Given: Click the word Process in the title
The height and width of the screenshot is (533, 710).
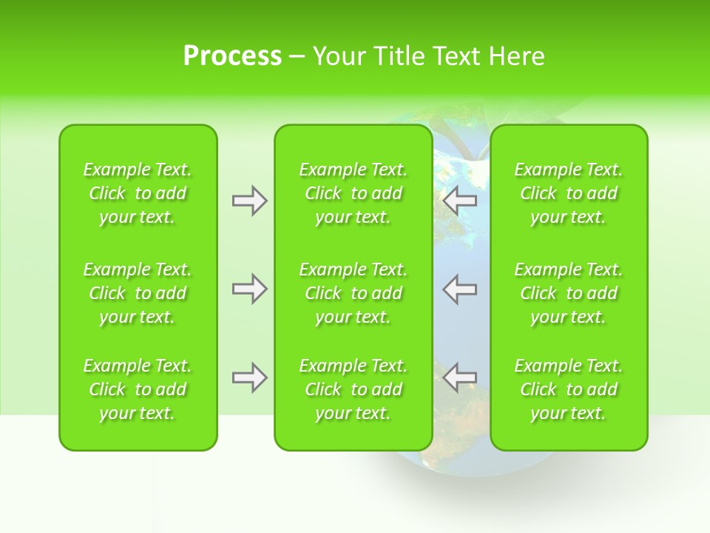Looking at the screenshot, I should [232, 56].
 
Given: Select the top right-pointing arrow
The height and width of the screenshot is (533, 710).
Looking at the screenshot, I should [249, 201].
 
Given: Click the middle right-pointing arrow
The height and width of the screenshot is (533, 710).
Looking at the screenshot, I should [249, 289].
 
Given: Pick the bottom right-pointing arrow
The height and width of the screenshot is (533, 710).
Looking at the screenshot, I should [249, 378].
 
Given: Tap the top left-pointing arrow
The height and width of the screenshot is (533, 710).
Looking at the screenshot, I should [459, 201].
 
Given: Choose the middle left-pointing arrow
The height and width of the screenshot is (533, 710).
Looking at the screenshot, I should [459, 289].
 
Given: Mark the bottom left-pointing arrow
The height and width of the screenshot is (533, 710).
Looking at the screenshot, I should [459, 378].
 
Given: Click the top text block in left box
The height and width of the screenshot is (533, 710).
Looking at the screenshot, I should [138, 193].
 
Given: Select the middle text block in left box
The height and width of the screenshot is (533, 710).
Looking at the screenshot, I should [138, 293].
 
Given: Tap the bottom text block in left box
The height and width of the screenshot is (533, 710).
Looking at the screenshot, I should [138, 389].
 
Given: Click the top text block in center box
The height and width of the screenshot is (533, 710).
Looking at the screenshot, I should [353, 193].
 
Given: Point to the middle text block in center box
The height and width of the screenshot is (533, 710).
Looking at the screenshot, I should [353, 293].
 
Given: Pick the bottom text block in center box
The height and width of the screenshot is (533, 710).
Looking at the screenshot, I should [353, 389].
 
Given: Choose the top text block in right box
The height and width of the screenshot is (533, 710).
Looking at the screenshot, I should [568, 193].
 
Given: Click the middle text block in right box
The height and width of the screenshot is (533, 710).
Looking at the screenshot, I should [568, 293].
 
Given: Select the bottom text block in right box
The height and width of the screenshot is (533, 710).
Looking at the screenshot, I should [568, 389].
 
